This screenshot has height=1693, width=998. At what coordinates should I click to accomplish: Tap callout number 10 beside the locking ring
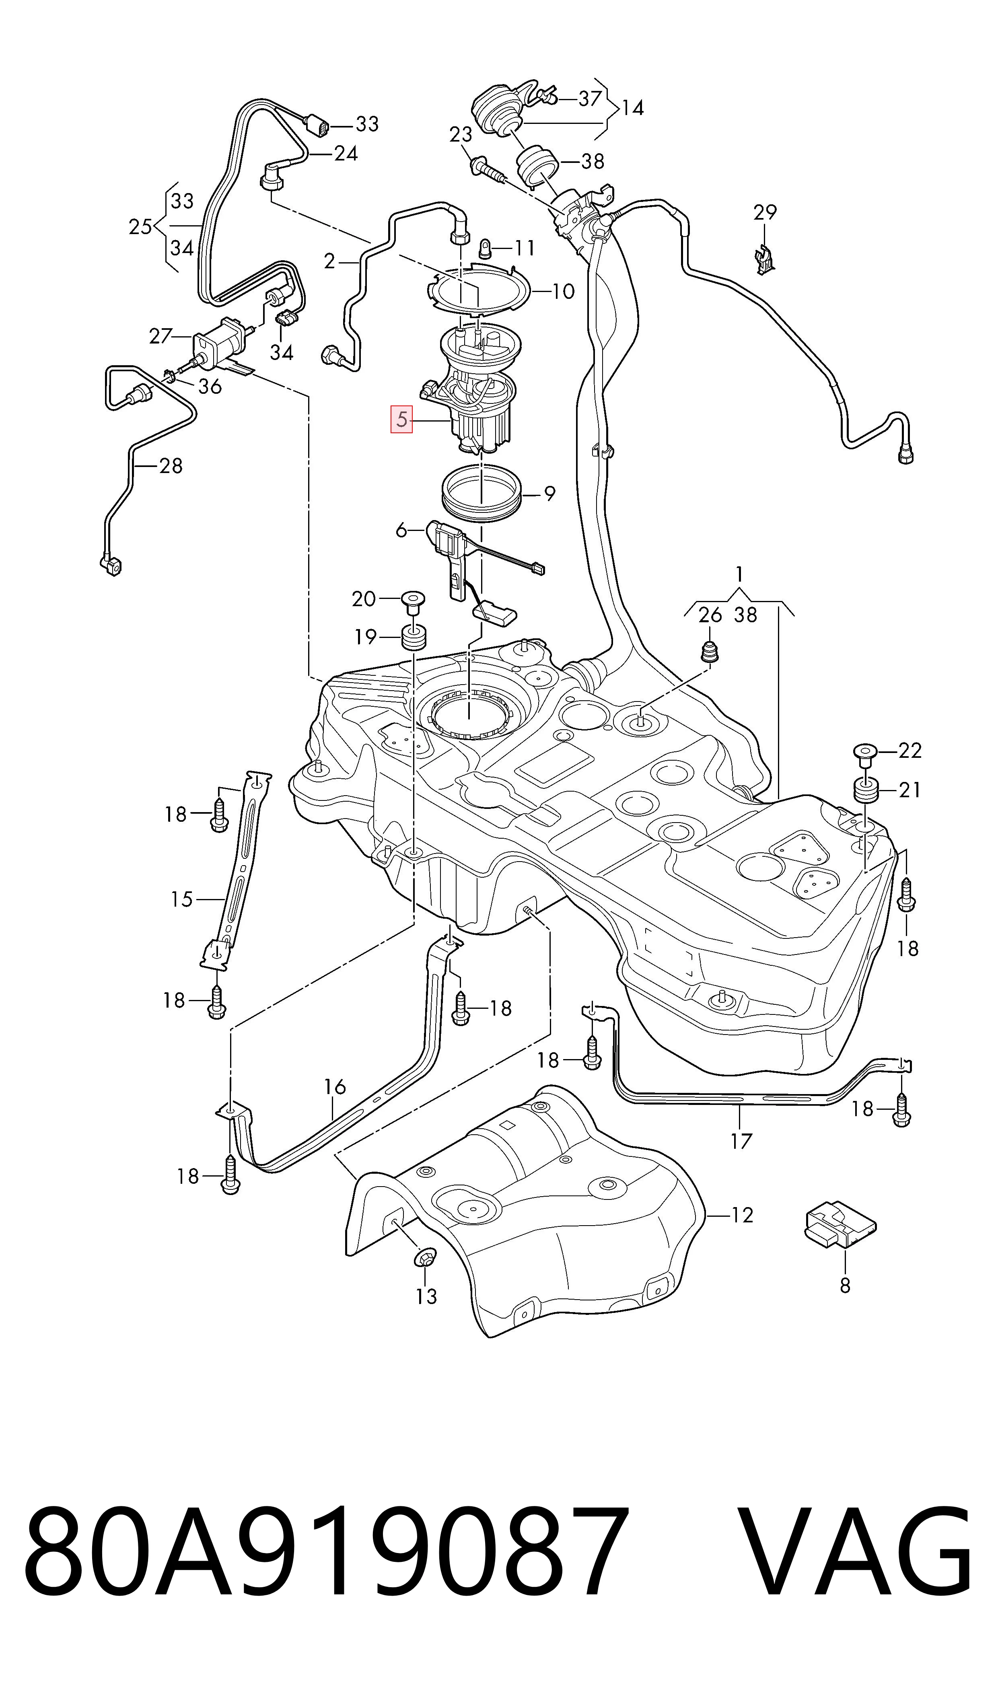(563, 291)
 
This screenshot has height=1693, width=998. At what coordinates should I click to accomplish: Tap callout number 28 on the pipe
(171, 465)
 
